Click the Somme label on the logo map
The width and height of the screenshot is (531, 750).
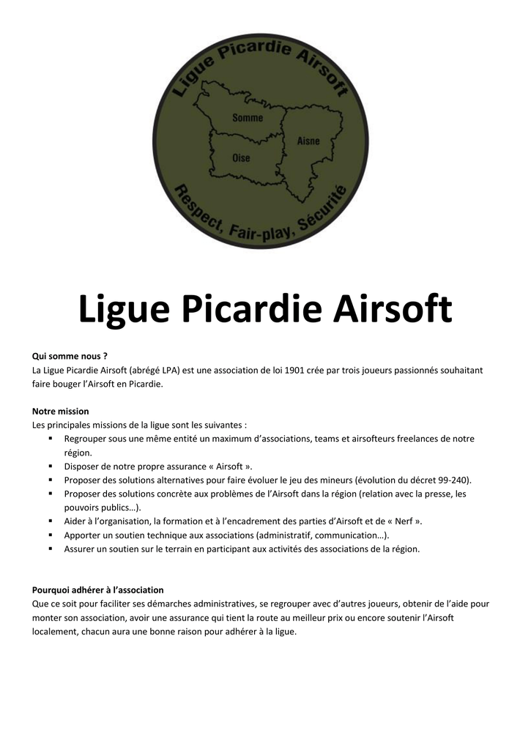pos(248,118)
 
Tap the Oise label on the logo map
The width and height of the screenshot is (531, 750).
pos(241,157)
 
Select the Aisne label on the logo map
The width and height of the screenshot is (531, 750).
pos(308,141)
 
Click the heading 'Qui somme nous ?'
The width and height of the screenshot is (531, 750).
pos(70,356)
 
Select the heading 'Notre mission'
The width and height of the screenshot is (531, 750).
pos(61,411)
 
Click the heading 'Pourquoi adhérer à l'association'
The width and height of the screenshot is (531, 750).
pos(98,590)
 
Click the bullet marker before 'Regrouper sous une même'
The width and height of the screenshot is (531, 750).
pos(51,438)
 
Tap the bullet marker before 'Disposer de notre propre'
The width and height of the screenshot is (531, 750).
pos(51,466)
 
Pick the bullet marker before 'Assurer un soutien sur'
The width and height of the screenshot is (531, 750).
pos(51,548)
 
